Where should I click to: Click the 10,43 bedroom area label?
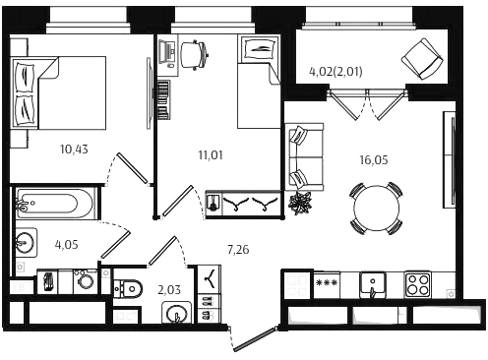tap(74, 150)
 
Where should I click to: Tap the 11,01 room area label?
tap(211, 154)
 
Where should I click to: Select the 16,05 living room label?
tap(374, 160)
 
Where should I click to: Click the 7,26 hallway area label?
tap(238, 250)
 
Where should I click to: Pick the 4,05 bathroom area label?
tap(67, 245)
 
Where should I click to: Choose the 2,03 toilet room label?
tap(169, 290)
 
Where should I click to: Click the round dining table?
tap(377, 208)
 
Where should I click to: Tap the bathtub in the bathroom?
tap(55, 204)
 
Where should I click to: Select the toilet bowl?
tap(128, 289)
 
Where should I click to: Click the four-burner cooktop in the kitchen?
tap(417, 284)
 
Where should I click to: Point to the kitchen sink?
tap(373, 285)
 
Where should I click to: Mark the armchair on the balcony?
tap(422, 59)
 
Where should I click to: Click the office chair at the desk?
tap(195, 54)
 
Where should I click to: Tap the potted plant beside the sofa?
tap(299, 203)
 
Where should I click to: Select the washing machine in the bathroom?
tap(85, 281)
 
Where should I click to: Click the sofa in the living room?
tap(304, 157)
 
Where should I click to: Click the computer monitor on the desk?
tap(166, 53)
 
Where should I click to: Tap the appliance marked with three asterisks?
tap(327, 284)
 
